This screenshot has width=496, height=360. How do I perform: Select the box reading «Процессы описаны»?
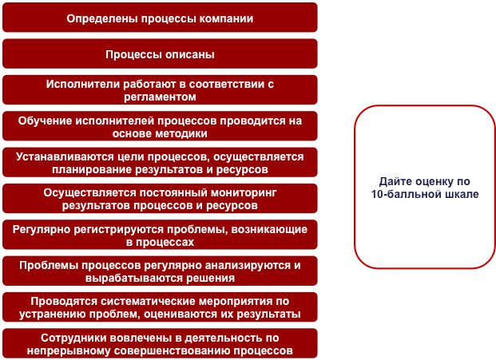[x=160, y=54]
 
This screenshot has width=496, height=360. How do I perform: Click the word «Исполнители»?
[x=84, y=84]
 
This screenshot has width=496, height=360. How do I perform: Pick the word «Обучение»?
[x=53, y=121]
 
